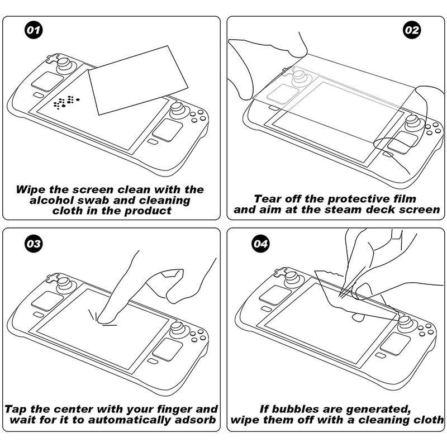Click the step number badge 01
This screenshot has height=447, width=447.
pyautogui.click(x=34, y=30)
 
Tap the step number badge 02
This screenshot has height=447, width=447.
pyautogui.click(x=412, y=30)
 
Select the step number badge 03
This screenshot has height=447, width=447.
pyautogui.click(x=34, y=244)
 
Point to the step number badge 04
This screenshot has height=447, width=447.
pyautogui.click(x=261, y=244)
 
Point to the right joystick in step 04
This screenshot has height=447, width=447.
pyautogui.click(x=406, y=322)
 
